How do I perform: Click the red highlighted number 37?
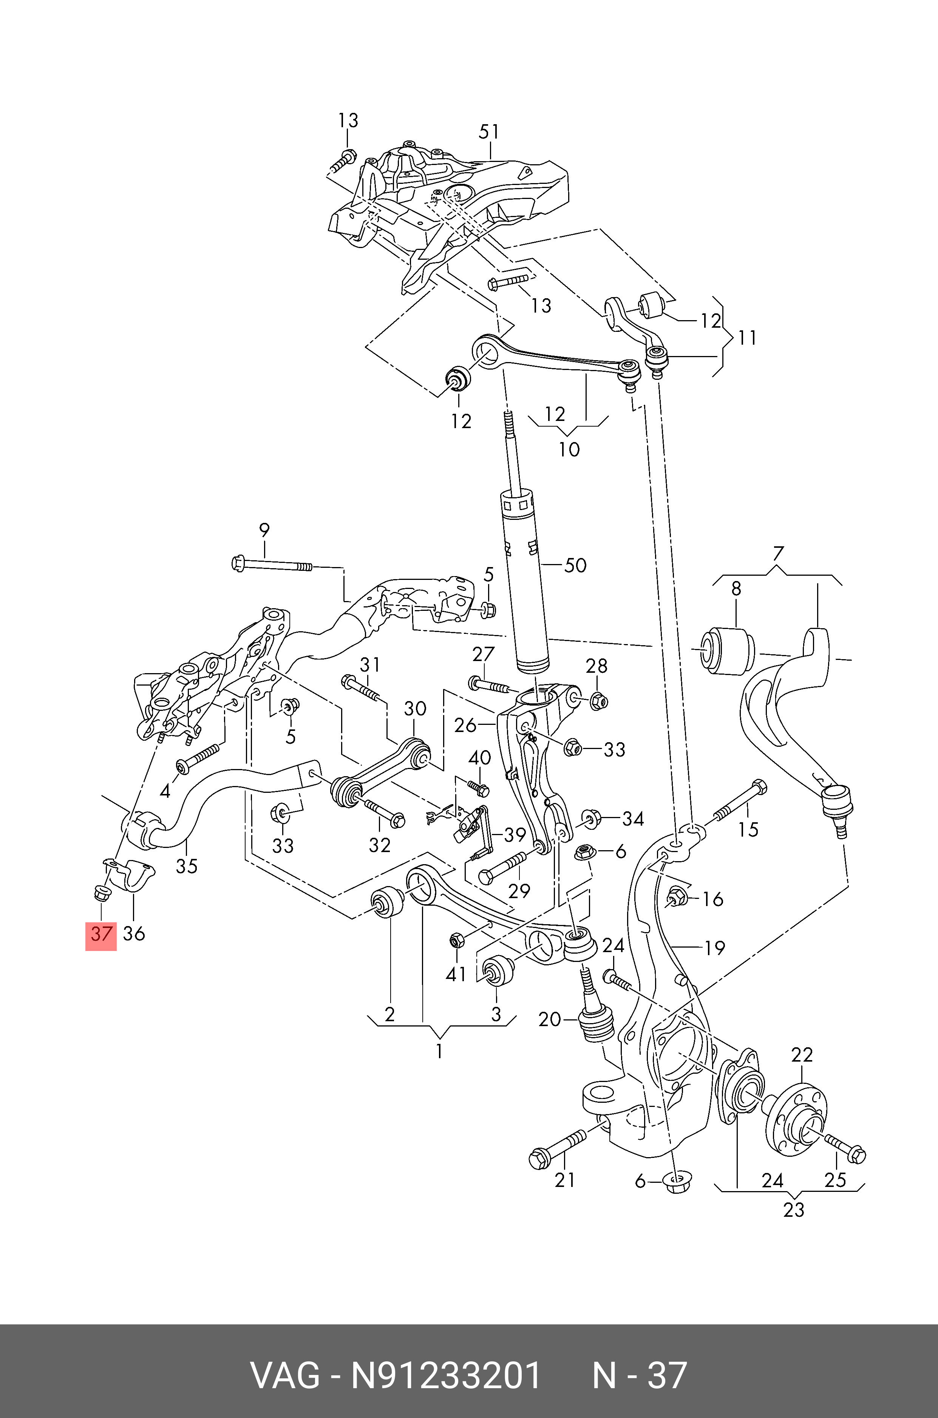pos(101,934)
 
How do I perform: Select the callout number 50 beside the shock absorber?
pos(575,566)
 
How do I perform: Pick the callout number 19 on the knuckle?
pos(714,948)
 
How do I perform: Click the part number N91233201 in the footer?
pos(446,1375)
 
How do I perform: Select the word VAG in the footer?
pos(285,1375)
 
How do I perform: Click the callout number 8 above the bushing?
pos(736,589)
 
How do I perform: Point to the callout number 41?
pos(456,974)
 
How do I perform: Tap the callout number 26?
pos(465,725)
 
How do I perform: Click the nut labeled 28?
pos(598,701)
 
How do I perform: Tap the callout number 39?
pos(515,835)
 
